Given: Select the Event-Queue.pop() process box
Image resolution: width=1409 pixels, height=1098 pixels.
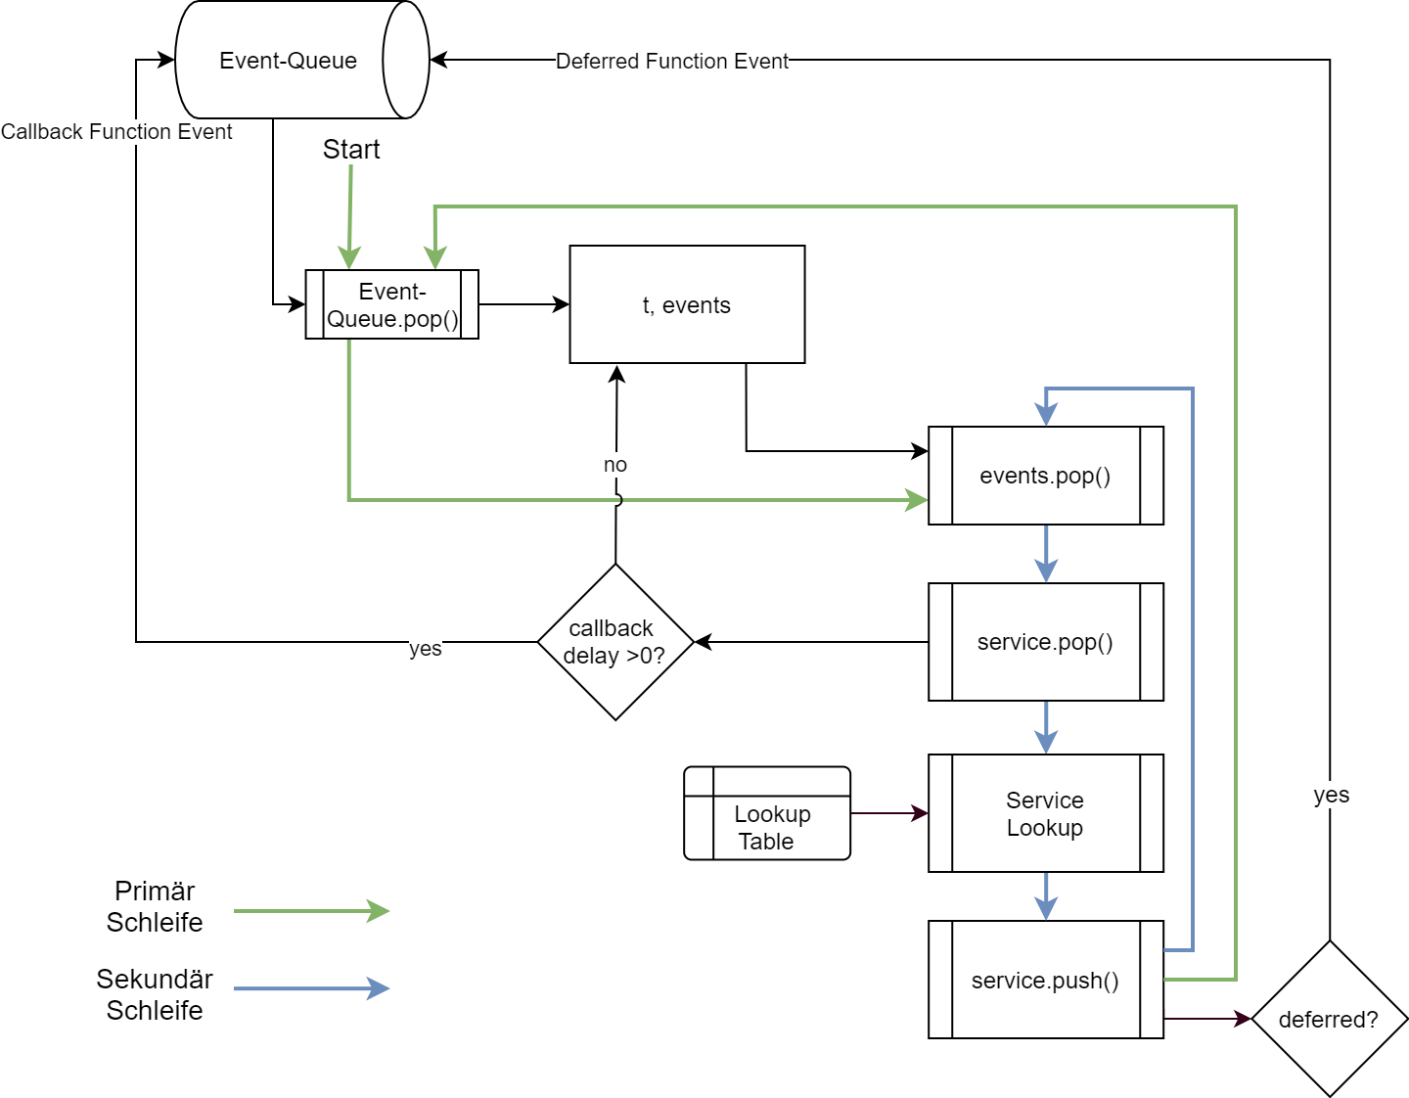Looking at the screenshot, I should tap(391, 304).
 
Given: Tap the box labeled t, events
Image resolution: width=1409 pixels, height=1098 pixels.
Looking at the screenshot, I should tap(687, 304).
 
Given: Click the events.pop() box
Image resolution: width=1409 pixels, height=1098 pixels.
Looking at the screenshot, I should tap(1045, 476).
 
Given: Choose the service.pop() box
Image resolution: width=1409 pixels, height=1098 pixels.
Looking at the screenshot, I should tap(1045, 642).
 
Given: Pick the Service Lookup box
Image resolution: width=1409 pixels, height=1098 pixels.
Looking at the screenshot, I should tap(1045, 813).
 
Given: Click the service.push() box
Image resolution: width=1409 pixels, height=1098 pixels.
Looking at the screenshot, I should tap(1045, 980).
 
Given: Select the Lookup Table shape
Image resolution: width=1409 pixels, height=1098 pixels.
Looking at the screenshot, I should tap(767, 813).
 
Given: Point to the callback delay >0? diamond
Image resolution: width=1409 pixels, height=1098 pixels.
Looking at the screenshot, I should tap(615, 642).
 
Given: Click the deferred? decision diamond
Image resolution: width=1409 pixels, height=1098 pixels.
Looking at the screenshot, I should tap(1329, 1019).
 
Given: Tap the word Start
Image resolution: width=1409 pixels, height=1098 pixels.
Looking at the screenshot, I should tap(351, 150).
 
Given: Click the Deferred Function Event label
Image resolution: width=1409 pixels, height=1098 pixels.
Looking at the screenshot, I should tap(672, 61).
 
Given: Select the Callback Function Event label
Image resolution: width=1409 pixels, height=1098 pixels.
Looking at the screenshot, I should tap(116, 132).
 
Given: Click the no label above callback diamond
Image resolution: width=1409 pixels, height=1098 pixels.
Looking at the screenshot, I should tap(615, 465).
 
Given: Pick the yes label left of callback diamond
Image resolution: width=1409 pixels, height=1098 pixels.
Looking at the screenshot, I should tap(426, 649).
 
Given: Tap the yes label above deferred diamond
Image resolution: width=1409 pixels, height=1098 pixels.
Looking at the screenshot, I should tap(1331, 795).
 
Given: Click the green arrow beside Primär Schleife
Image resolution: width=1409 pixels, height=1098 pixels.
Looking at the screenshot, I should tap(311, 911).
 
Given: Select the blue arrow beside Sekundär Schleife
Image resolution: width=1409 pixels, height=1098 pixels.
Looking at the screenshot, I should tap(311, 988).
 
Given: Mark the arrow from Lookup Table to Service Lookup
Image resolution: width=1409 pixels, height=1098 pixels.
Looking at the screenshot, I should tap(888, 813).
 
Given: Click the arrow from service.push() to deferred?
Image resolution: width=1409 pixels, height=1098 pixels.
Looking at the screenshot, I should tap(1206, 1019).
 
